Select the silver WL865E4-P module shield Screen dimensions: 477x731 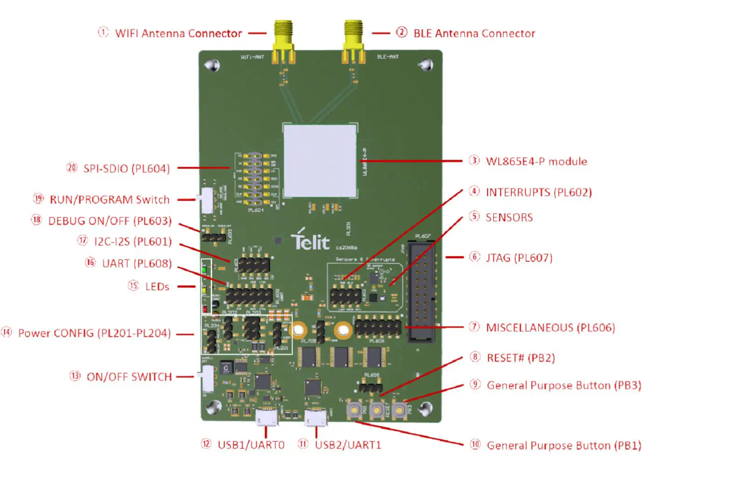(x=320, y=161)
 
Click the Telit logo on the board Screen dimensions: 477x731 (x=310, y=239)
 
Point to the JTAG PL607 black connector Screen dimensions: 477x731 (x=422, y=291)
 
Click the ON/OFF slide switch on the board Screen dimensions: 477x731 (x=207, y=377)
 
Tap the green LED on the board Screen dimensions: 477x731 (x=204, y=269)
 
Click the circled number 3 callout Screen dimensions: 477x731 (x=474, y=161)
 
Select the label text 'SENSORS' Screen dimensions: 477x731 (x=509, y=218)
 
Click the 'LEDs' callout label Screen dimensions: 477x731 (x=157, y=286)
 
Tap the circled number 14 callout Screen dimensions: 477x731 (x=7, y=332)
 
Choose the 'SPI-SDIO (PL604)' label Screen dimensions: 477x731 (x=126, y=169)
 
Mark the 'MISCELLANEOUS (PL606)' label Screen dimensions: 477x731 (x=550, y=327)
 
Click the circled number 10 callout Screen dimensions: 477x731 (x=475, y=444)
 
